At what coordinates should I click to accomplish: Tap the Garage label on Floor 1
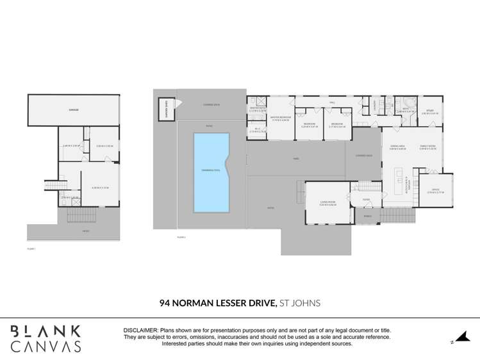[x=74, y=110]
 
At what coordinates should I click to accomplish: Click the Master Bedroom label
[x=281, y=118]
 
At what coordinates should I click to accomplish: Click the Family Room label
[x=427, y=147]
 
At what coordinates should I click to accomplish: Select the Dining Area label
[x=398, y=147]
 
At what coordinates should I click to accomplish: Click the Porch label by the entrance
[x=367, y=216]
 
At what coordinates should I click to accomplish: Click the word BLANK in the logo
[x=46, y=331]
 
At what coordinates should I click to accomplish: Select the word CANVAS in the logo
[x=46, y=347]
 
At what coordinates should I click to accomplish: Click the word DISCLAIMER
[x=142, y=330]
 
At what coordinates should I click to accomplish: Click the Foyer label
[x=366, y=200]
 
